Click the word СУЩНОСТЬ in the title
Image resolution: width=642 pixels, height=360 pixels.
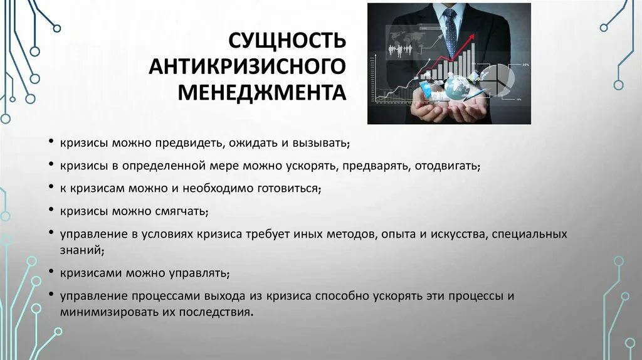point(286,41)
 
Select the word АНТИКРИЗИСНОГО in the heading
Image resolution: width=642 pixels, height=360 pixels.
point(247,66)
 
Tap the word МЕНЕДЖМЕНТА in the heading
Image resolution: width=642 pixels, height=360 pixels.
point(261,93)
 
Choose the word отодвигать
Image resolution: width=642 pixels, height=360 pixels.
point(448,166)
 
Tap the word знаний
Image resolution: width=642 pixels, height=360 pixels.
point(80,250)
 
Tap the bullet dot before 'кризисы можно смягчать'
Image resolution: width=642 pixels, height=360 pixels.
point(50,210)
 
